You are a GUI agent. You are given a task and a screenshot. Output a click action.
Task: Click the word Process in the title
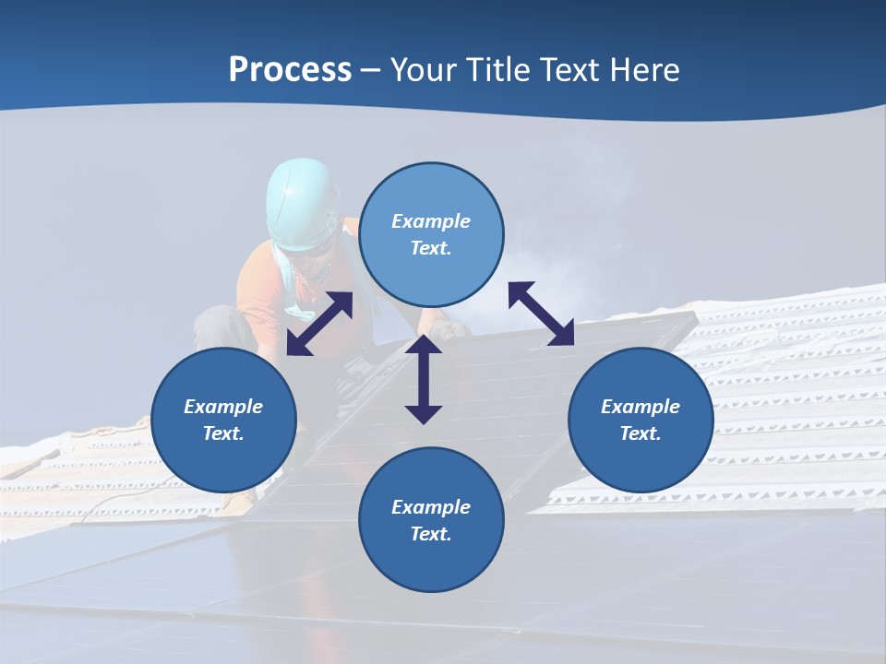click(x=290, y=70)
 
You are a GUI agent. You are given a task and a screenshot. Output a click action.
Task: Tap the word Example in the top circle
click(x=431, y=221)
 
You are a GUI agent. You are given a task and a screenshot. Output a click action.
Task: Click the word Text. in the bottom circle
click(x=431, y=534)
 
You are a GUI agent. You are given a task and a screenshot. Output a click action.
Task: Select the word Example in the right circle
click(x=641, y=407)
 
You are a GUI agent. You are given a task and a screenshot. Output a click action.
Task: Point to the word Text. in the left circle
click(x=223, y=433)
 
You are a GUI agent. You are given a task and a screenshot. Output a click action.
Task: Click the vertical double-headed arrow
click(x=424, y=379)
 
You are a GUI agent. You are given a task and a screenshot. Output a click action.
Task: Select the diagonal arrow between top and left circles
click(x=319, y=324)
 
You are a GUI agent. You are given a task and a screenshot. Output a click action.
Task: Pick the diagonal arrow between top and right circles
click(x=542, y=314)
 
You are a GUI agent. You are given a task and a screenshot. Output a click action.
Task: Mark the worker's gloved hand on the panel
click(x=452, y=329)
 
